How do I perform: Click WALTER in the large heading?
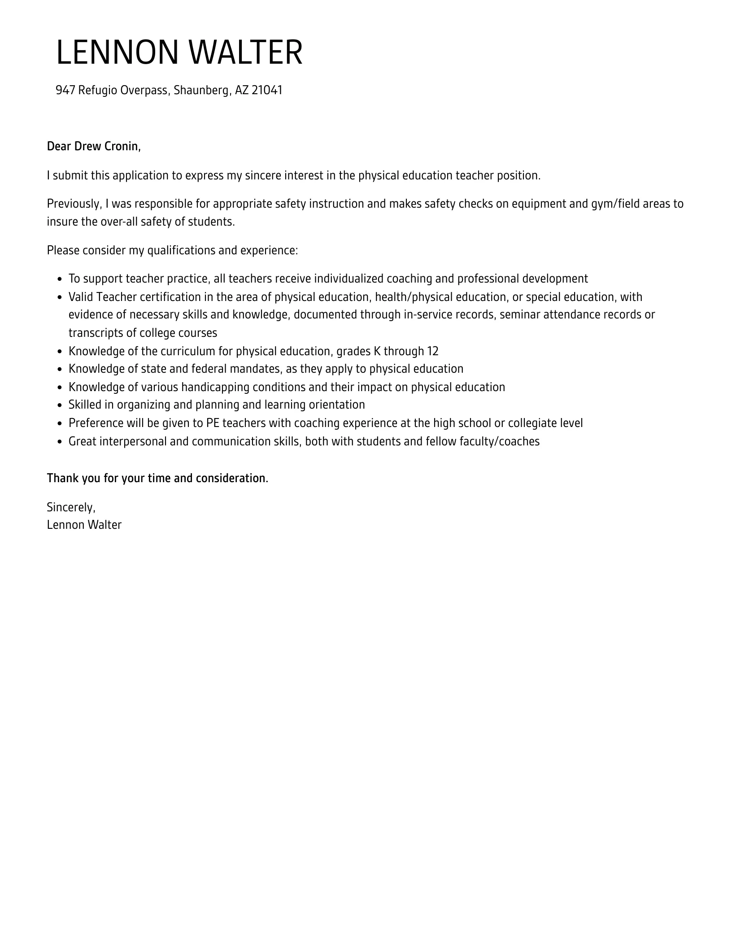click(245, 53)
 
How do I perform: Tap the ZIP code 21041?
click(267, 91)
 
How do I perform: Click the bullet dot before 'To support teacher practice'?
click(60, 279)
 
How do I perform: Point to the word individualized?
click(349, 279)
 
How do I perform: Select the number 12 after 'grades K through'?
click(433, 351)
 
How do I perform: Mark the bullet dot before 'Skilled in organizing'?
click(60, 405)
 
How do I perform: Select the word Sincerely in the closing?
click(70, 507)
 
